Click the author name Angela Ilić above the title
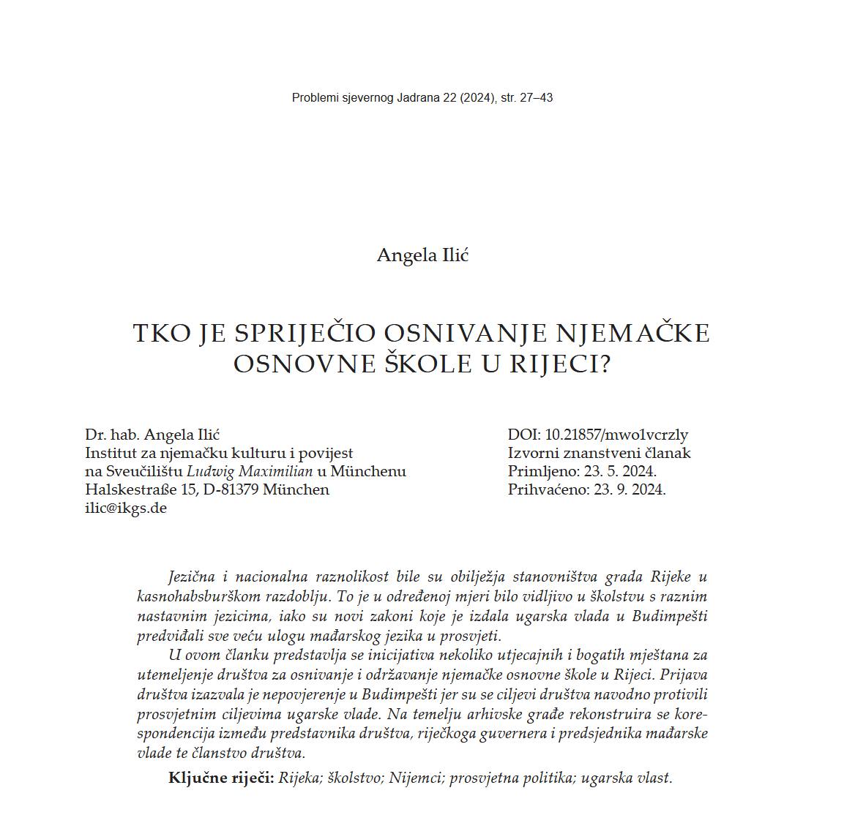(422, 255)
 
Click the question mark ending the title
(605, 364)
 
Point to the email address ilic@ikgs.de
(126, 508)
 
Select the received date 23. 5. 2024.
(620, 471)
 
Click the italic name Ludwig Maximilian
(250, 471)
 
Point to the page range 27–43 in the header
(536, 97)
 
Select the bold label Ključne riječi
(221, 778)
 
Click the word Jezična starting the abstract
(192, 576)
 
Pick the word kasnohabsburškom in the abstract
(198, 596)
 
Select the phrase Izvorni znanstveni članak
(599, 453)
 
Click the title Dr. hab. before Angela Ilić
(113, 435)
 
